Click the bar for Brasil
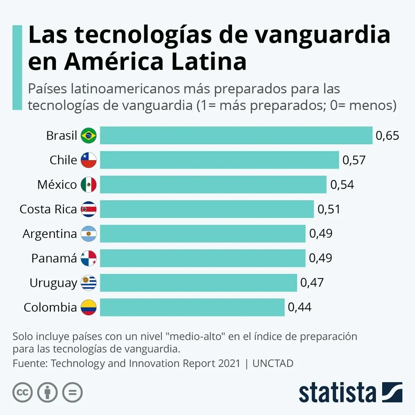click(x=236, y=135)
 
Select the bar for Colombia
click(x=192, y=308)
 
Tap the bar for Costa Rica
click(x=207, y=209)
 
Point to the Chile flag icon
click(x=88, y=160)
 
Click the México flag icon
click(x=88, y=185)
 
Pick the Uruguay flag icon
click(x=88, y=283)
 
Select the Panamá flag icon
click(x=88, y=259)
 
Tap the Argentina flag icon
click(x=88, y=234)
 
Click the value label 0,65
click(x=387, y=136)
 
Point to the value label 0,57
click(x=354, y=160)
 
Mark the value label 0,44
click(x=299, y=308)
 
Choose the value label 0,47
click(x=312, y=283)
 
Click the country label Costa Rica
click(x=48, y=210)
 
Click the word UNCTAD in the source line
click(x=273, y=364)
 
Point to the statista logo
click(x=350, y=392)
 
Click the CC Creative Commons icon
click(x=22, y=392)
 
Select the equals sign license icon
click(x=72, y=392)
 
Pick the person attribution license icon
click(x=47, y=392)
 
